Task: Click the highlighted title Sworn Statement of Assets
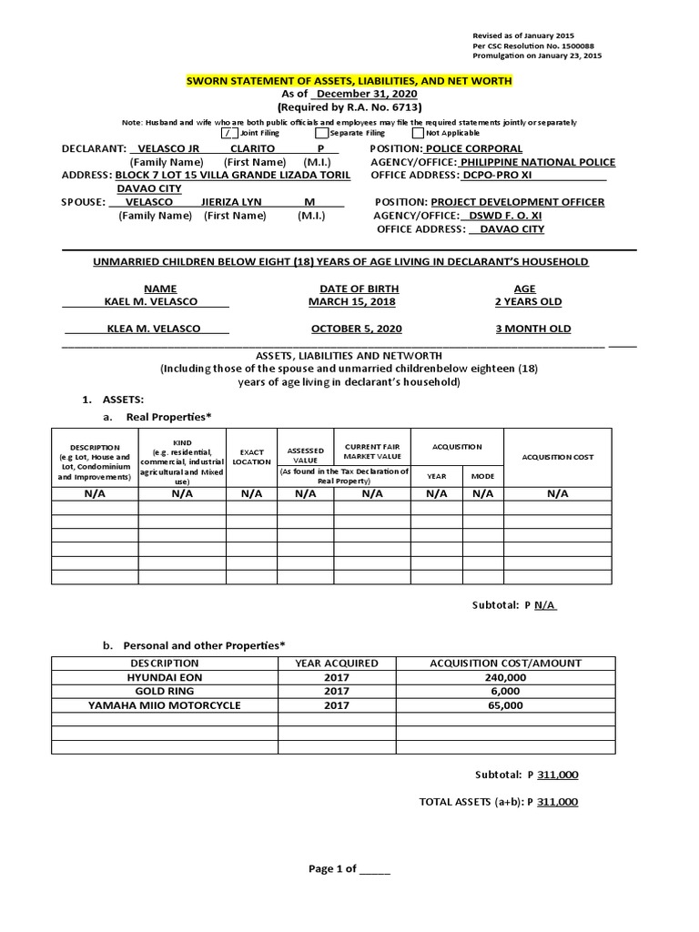[x=349, y=81]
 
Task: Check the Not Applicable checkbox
[x=418, y=133]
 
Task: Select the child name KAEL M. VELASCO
[x=150, y=301]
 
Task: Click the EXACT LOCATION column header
[x=251, y=456]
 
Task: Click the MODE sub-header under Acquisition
[x=481, y=476]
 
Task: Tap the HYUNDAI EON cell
[x=164, y=677]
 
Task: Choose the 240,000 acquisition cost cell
[x=505, y=677]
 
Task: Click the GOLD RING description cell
[x=164, y=691]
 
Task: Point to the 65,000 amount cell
[x=505, y=704]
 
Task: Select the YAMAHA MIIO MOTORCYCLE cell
[x=164, y=704]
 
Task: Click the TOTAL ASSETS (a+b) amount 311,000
[x=557, y=802]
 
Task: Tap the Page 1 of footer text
[x=349, y=868]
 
